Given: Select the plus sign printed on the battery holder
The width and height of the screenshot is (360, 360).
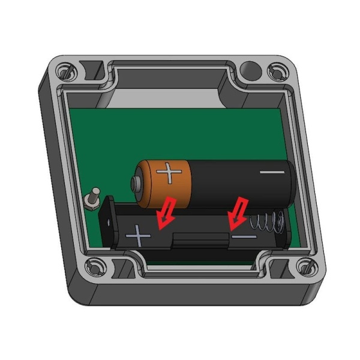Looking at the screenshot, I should (x=139, y=235).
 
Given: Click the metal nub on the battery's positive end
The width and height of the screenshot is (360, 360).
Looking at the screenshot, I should (x=136, y=182).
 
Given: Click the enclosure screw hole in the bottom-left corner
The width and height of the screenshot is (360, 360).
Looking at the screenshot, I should (x=94, y=266).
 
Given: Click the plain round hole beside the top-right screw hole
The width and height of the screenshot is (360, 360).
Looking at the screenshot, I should (x=248, y=67).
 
